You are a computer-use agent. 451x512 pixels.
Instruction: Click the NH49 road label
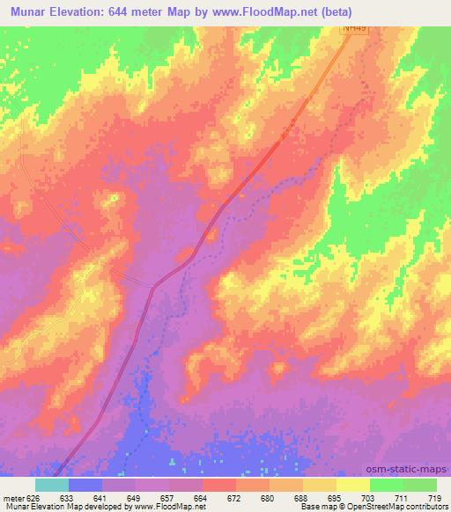[355, 29]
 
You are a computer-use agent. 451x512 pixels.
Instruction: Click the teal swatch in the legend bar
[51, 485]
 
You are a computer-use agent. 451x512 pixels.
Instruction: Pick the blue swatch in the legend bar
[85, 485]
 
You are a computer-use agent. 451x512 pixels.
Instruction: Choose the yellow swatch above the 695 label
[320, 485]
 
